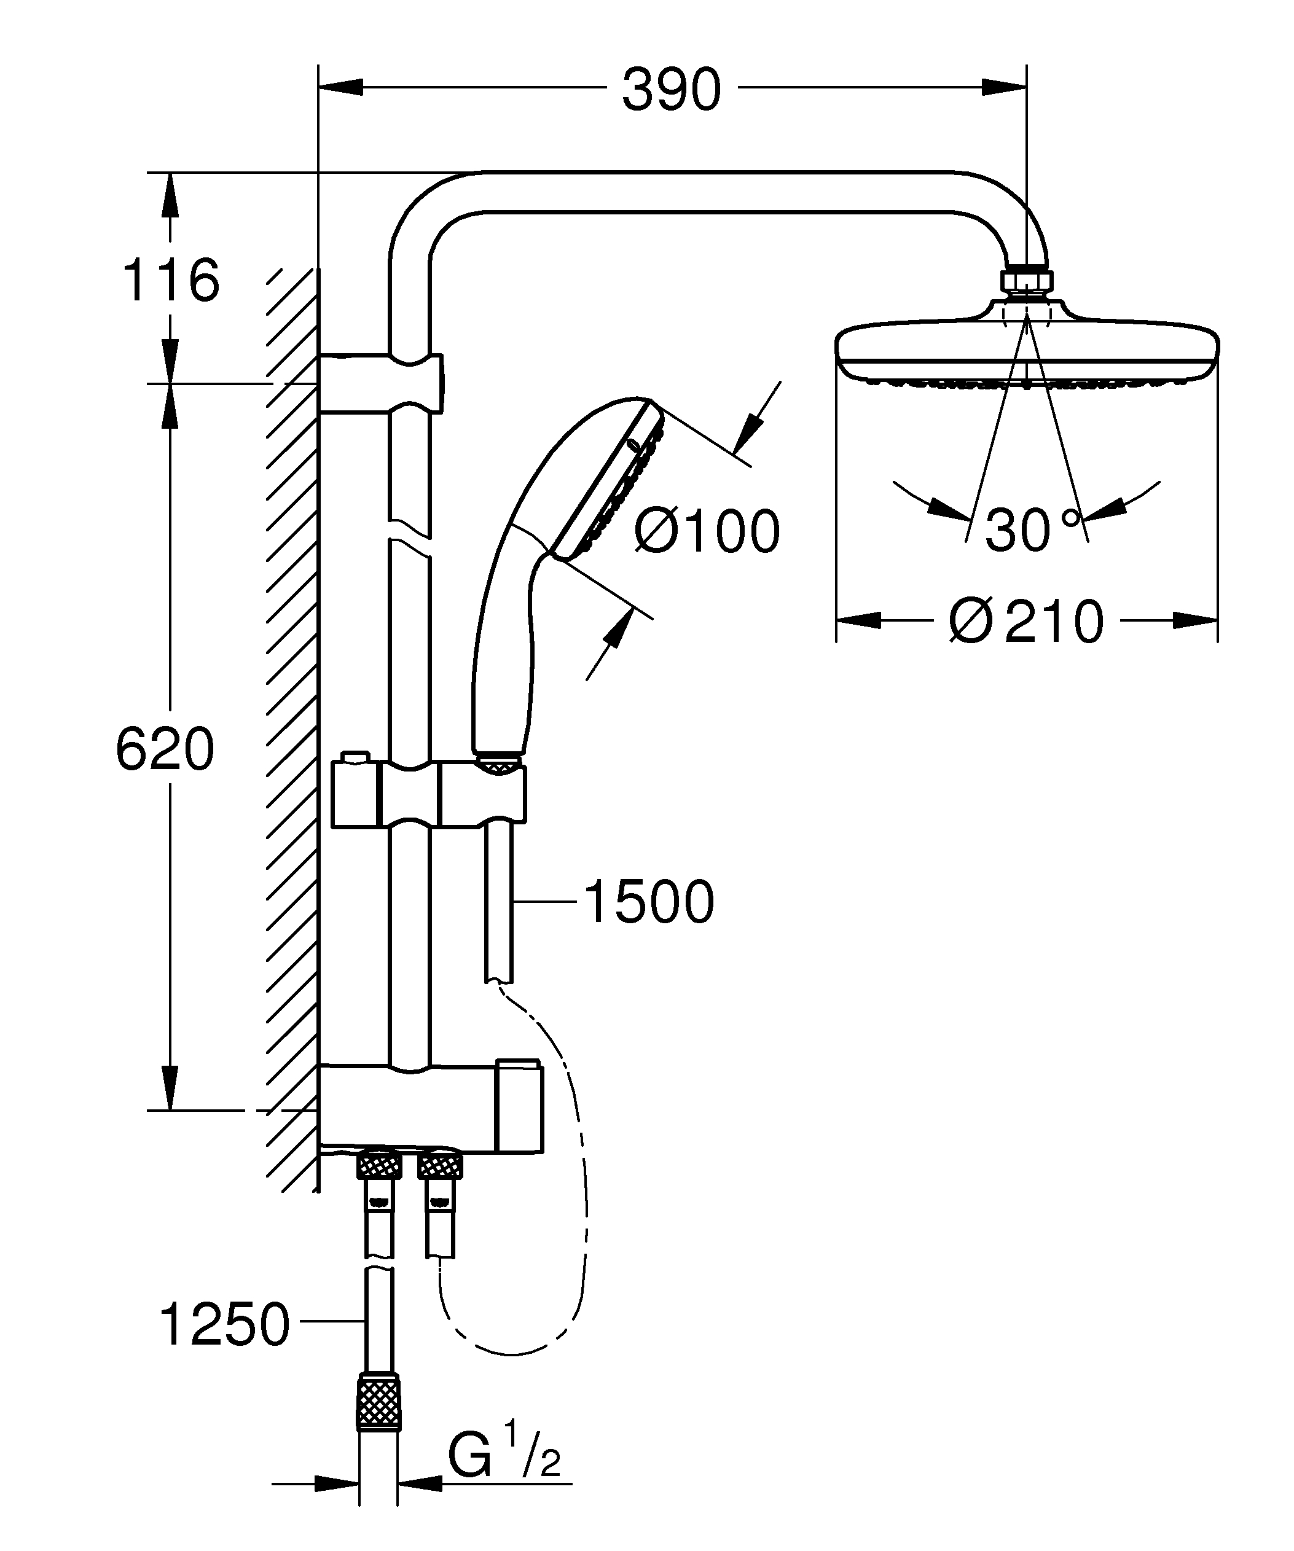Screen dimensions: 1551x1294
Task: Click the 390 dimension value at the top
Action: [x=670, y=90]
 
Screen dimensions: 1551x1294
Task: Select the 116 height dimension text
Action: [x=171, y=281]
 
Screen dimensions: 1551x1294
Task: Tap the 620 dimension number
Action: [x=165, y=749]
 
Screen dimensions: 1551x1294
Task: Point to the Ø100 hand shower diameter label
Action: [x=707, y=531]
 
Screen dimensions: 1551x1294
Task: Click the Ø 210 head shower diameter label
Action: [x=1026, y=621]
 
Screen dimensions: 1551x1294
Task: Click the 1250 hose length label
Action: [x=224, y=1325]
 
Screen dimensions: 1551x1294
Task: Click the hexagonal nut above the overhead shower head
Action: [x=1026, y=281]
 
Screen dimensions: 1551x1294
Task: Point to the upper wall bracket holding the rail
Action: [x=380, y=383]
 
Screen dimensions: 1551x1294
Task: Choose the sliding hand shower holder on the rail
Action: [x=428, y=795]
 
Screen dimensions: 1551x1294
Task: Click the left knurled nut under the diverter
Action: [x=379, y=1166]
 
